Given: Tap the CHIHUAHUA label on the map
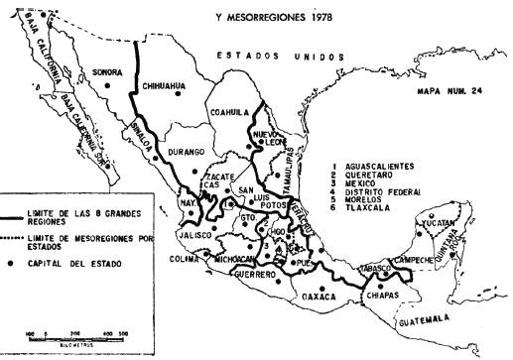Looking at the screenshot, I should (x=165, y=86).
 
